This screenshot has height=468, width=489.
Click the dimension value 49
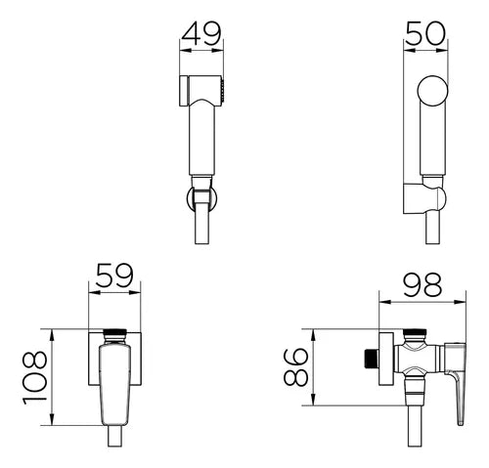[x=201, y=33]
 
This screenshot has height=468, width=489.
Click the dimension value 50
[x=425, y=33]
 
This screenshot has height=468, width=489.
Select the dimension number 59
[x=114, y=276]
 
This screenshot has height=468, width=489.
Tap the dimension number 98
[x=422, y=285]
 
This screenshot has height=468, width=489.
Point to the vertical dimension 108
[x=35, y=377]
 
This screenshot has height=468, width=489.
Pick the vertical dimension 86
[x=295, y=367]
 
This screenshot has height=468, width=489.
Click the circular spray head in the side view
[x=433, y=91]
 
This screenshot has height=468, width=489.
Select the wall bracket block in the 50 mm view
[x=415, y=198]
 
